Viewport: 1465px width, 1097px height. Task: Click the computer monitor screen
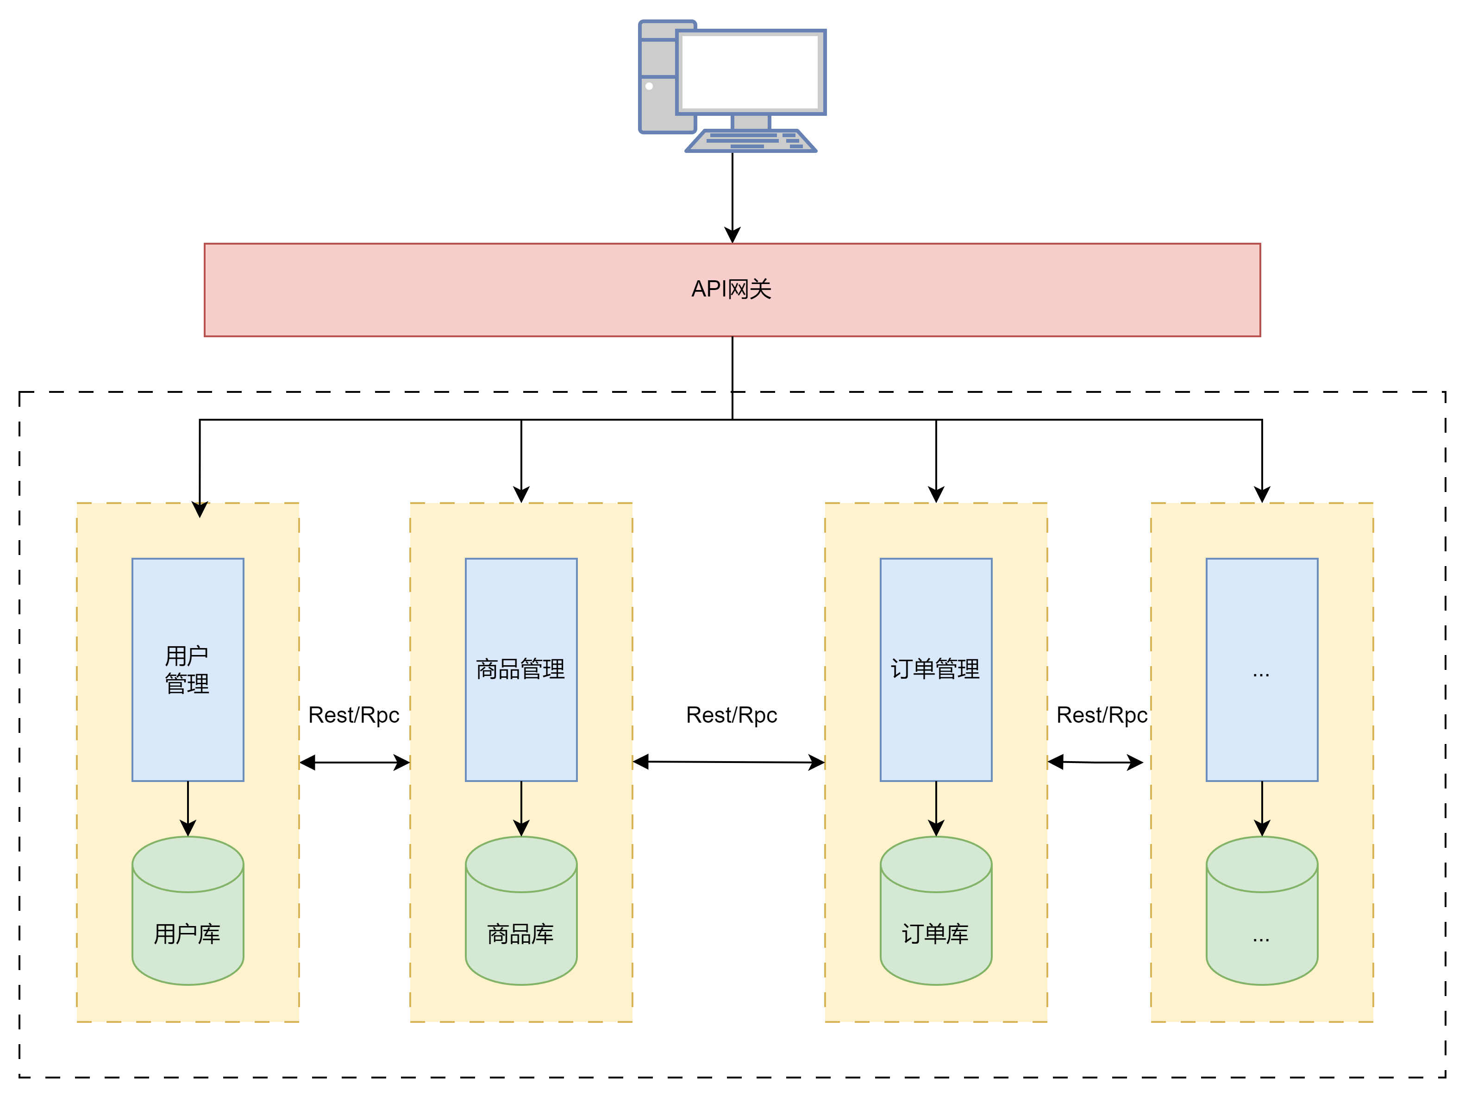[751, 71]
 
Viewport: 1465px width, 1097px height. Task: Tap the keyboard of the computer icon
[751, 140]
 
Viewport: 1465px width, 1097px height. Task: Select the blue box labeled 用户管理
[188, 670]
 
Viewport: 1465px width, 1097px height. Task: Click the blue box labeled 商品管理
[521, 670]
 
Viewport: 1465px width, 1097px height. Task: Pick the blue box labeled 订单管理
[936, 670]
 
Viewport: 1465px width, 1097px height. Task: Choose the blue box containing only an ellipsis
[1262, 670]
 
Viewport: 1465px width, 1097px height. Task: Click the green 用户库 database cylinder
[188, 911]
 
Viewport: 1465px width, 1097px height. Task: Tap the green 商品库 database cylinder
[521, 911]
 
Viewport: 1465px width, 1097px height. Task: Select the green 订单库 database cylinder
[936, 911]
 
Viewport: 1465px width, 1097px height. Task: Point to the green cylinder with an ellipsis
[1262, 911]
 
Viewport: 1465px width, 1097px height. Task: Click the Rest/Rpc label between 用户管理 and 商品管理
[354, 715]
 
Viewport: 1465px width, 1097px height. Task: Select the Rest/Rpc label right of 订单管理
[1102, 715]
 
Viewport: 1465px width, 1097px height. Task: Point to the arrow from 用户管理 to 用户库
[188, 809]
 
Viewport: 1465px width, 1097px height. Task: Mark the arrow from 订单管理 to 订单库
[936, 809]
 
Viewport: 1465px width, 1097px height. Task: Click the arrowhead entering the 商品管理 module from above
[521, 495]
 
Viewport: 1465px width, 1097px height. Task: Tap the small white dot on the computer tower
[649, 86]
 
